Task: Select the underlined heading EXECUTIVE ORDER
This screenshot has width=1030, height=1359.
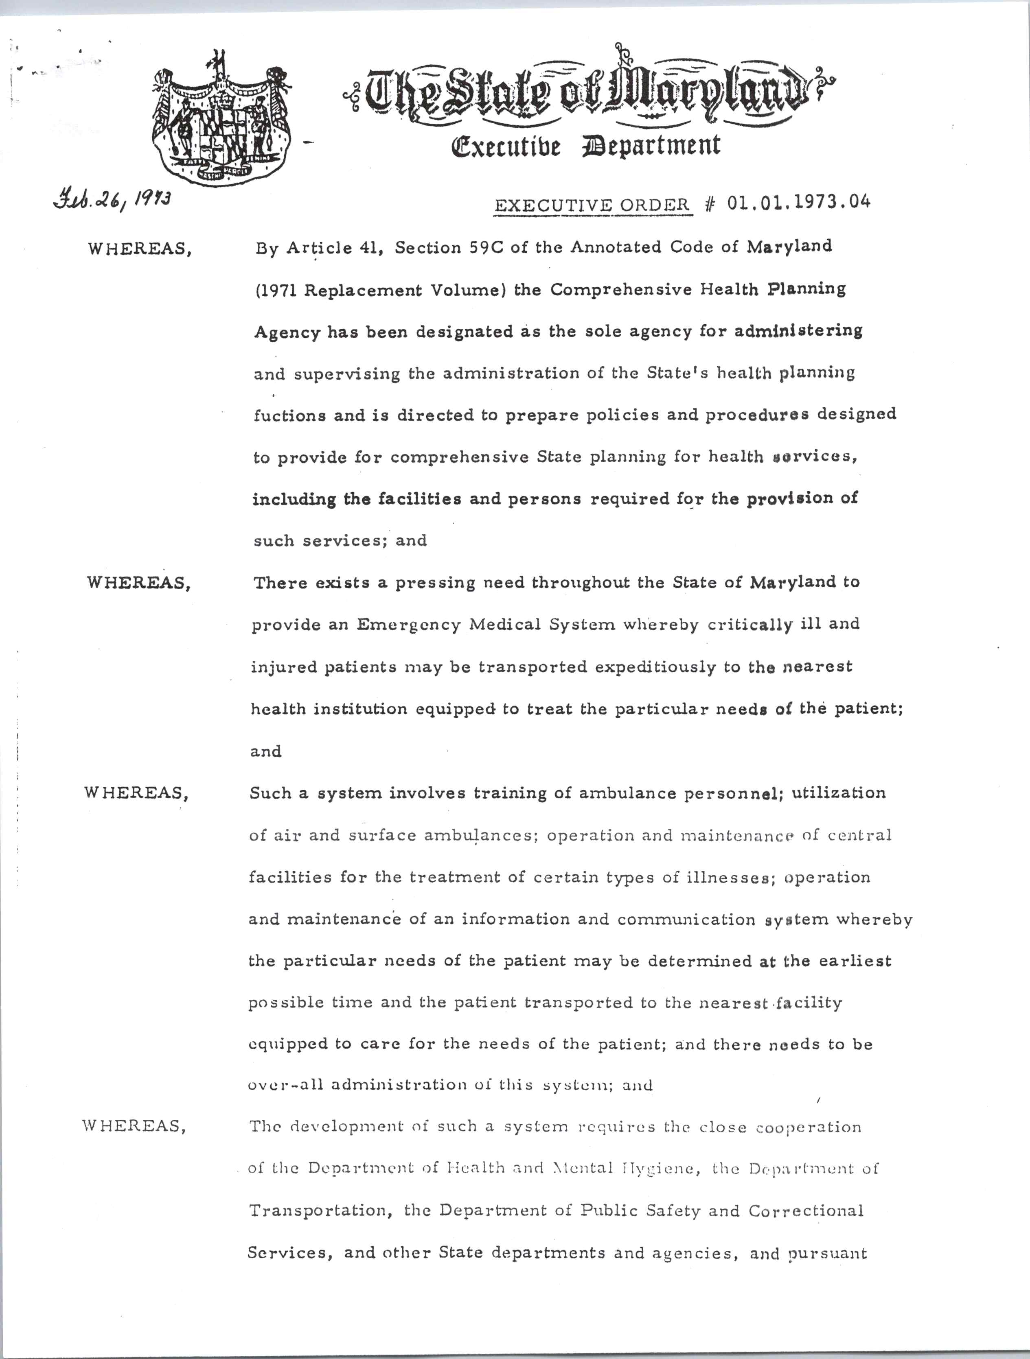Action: pos(592,205)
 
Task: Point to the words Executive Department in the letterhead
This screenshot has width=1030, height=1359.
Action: pos(585,146)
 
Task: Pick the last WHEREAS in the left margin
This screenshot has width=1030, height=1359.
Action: pos(134,1126)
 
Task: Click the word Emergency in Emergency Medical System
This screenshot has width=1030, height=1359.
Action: pos(408,625)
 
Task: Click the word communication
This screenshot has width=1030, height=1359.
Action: pos(686,920)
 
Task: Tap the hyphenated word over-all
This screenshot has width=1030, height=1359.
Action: pos(285,1086)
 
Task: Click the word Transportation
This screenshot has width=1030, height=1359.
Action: pos(320,1210)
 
